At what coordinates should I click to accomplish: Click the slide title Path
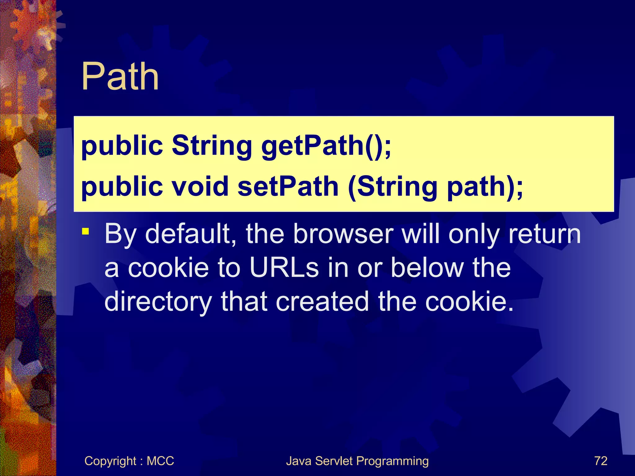[x=120, y=77]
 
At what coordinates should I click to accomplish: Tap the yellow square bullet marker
[x=86, y=231]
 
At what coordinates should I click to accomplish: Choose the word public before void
[x=122, y=187]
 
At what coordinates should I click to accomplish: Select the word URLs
[x=284, y=268]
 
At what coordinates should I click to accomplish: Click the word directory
[x=158, y=302]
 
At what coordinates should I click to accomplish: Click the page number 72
[x=601, y=461]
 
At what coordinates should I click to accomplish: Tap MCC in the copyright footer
[x=160, y=461]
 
